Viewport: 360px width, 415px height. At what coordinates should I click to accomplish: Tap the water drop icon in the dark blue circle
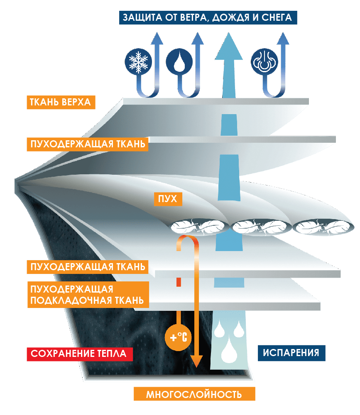[179, 62]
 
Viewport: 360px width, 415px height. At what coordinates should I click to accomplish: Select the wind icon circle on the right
[263, 62]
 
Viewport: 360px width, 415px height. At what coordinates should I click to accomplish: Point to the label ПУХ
[165, 199]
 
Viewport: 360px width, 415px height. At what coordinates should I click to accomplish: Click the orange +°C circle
[178, 337]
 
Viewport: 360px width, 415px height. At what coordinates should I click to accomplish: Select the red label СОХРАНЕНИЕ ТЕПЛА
[79, 354]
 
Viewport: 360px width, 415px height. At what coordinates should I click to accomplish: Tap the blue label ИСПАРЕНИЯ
[291, 353]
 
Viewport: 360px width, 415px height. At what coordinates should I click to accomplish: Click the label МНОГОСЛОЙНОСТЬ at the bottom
[194, 394]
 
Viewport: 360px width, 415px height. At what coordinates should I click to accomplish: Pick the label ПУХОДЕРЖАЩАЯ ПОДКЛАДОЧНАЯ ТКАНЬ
[88, 295]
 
